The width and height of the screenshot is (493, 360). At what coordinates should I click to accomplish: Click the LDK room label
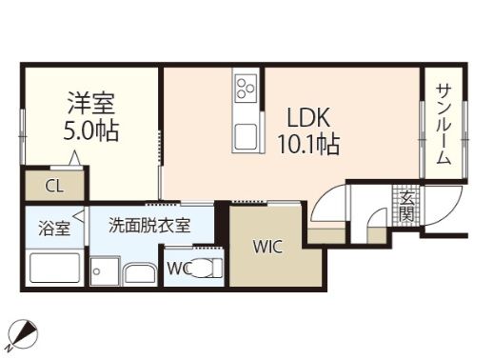click(309, 119)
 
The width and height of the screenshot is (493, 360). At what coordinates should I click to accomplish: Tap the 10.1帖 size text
click(308, 145)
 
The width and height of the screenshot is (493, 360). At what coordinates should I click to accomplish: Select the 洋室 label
click(90, 100)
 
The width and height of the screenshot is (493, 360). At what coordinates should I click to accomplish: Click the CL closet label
click(54, 186)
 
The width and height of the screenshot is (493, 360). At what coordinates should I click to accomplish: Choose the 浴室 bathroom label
click(54, 229)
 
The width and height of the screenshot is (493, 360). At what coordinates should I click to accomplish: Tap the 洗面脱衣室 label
click(148, 226)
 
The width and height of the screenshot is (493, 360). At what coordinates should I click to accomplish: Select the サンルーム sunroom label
click(444, 124)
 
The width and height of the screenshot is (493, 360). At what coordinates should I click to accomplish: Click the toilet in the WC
click(204, 268)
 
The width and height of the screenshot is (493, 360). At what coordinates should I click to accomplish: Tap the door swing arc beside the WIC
click(329, 205)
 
